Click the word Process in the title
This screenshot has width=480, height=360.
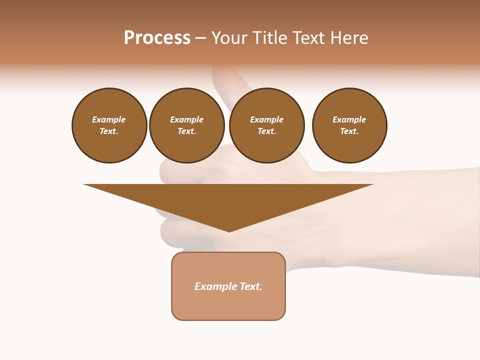[x=157, y=38]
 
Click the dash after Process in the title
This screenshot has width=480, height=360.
[x=201, y=39]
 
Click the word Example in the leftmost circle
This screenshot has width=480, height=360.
[x=109, y=119]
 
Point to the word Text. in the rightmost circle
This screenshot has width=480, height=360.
[x=349, y=131]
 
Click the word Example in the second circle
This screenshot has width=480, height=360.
[x=187, y=119]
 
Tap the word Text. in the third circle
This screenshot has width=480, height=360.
[x=267, y=131]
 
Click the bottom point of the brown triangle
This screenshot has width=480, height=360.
[x=229, y=230]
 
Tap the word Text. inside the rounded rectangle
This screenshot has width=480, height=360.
[x=250, y=286]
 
